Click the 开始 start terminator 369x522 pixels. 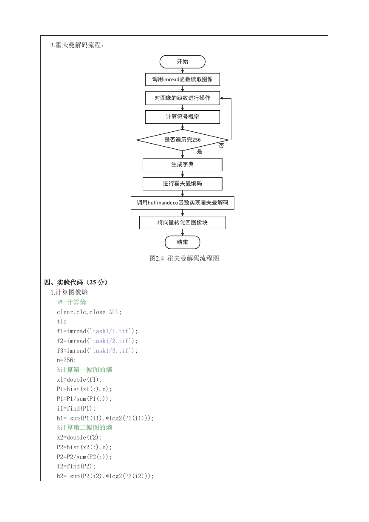(182, 62)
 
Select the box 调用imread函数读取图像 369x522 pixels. (183, 79)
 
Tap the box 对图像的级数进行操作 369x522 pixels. (183, 98)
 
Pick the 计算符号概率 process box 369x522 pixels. (183, 117)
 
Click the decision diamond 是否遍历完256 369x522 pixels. (183, 140)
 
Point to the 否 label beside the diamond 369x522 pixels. (221, 146)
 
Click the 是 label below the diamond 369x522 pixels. (200, 151)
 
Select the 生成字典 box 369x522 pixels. (183, 165)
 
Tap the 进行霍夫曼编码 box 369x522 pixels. (183, 184)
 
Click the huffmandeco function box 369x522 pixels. (183, 203)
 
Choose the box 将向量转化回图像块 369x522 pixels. (183, 223)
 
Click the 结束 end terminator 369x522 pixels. (182, 242)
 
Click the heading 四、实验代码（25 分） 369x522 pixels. (76, 282)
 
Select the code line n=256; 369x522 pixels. (66, 360)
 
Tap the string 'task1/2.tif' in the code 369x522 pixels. (111, 341)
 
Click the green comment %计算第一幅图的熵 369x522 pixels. (84, 369)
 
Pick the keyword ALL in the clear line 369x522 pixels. (114, 312)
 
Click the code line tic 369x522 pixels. (62, 322)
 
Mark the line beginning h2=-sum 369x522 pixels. (105, 476)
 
